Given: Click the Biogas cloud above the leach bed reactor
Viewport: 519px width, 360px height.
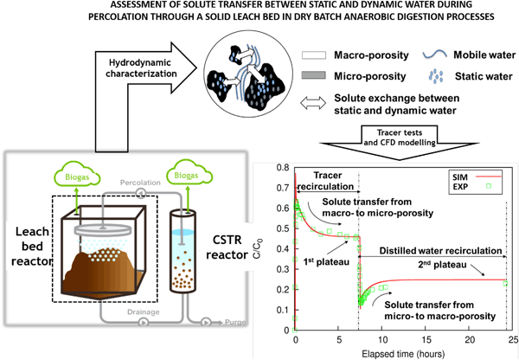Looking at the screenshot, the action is click(77, 174).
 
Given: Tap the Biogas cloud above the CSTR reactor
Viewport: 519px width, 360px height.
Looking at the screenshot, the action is click(189, 172).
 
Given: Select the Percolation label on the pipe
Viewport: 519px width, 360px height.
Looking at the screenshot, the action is click(140, 183).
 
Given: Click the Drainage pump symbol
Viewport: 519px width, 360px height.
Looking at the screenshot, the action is click(144, 322).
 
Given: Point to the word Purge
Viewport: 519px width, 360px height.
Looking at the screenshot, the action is click(235, 322).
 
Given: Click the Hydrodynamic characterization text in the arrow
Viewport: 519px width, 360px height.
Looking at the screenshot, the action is click(141, 67).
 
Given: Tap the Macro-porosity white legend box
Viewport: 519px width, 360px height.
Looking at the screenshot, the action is click(313, 55).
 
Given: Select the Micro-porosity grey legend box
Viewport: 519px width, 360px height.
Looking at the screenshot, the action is click(313, 75).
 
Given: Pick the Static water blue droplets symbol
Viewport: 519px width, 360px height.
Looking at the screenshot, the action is click(436, 76).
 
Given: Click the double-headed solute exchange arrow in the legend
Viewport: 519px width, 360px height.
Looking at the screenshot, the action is click(313, 103).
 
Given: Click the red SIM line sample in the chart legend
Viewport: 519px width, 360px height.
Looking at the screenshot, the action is click(489, 177).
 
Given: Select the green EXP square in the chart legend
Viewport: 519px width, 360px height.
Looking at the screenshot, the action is click(489, 186).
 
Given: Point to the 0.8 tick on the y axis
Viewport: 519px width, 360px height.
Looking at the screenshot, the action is click(283, 167).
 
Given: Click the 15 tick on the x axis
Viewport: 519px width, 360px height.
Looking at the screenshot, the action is click(426, 339).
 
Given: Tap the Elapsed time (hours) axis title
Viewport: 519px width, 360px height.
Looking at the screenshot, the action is click(403, 354).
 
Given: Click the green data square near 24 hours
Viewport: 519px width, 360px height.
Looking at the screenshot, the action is click(505, 284).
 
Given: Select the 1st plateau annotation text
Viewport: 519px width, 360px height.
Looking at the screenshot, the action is click(326, 262).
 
